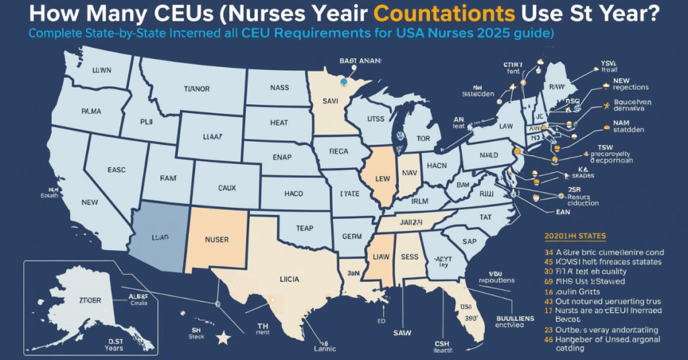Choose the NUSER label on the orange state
(222, 238)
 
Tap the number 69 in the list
(548, 281)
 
